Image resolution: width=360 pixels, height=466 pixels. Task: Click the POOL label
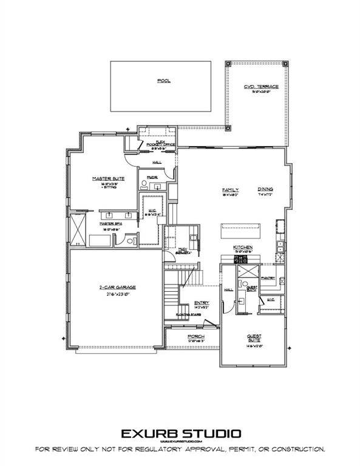(161, 80)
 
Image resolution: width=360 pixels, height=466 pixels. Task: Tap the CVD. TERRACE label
(262, 87)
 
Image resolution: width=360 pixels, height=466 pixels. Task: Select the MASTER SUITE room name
(104, 178)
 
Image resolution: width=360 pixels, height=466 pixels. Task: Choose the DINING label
(266, 189)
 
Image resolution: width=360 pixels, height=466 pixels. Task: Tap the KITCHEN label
(243, 248)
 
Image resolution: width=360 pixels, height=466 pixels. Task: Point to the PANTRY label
(268, 278)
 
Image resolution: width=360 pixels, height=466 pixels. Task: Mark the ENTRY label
(202, 304)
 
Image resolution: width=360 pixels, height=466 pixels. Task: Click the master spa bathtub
(100, 240)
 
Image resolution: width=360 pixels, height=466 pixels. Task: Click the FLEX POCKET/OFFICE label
(157, 143)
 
